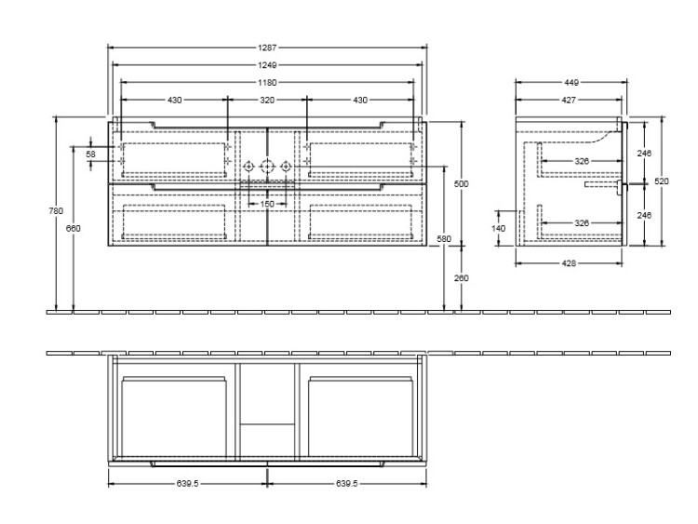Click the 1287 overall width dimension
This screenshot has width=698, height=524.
pos(267,47)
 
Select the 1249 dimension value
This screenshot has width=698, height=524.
pos(267,65)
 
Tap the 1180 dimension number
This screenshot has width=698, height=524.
pos(267,82)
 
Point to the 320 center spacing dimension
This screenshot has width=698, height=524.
pos(267,101)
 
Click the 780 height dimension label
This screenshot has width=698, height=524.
pos(56,211)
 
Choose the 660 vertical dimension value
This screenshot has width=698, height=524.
pos(74,228)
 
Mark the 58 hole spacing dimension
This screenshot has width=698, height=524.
pos(91,155)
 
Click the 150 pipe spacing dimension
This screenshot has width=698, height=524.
pos(267,205)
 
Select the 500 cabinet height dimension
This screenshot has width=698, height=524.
pos(462,183)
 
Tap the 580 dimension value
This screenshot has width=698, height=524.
pos(444,239)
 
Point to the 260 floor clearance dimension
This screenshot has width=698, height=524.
pos(462,278)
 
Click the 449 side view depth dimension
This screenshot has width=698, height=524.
pos(571,82)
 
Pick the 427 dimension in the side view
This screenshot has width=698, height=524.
pos(569,101)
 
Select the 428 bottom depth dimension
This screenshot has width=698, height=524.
pos(569,263)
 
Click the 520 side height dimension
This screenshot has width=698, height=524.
pos(662,181)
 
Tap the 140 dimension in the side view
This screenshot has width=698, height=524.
pos(499,228)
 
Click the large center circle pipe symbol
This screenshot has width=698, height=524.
pos(267,167)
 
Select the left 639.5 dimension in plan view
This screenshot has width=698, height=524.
pos(187,483)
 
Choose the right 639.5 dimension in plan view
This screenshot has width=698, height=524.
pos(347,483)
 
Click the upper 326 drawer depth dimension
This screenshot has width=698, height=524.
pos(582,161)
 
